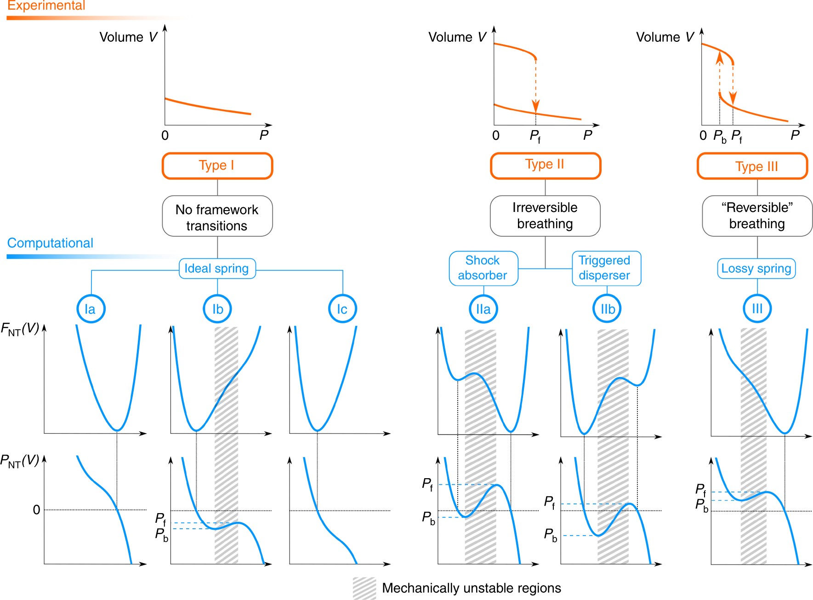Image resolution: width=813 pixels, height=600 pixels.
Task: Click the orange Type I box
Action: click(217, 166)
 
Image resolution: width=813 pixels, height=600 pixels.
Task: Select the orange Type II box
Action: click(545, 165)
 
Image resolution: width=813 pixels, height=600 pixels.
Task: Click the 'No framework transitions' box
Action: click(217, 217)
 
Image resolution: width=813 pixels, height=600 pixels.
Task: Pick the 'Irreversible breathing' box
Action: click(545, 216)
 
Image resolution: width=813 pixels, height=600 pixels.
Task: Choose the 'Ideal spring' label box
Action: click(217, 269)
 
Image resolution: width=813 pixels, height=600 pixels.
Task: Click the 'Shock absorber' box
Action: click(483, 268)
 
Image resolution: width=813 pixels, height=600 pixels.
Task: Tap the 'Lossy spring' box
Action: click(756, 269)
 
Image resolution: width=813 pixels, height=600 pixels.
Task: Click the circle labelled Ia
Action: click(91, 309)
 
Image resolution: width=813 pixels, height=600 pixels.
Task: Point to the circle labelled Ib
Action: click(217, 309)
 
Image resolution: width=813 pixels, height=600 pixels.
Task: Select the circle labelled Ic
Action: click(342, 309)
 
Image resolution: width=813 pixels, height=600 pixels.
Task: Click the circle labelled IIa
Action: click(483, 309)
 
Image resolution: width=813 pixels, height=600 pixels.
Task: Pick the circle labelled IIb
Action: click(607, 309)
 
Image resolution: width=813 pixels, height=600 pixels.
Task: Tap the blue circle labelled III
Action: click(756, 309)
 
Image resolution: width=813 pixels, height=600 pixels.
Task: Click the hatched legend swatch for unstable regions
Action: click(364, 588)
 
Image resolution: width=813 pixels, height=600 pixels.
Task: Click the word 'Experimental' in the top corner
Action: click(46, 6)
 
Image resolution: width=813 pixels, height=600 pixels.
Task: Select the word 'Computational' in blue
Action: click(50, 243)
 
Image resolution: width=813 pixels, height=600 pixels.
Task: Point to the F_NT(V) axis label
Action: click(20, 329)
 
